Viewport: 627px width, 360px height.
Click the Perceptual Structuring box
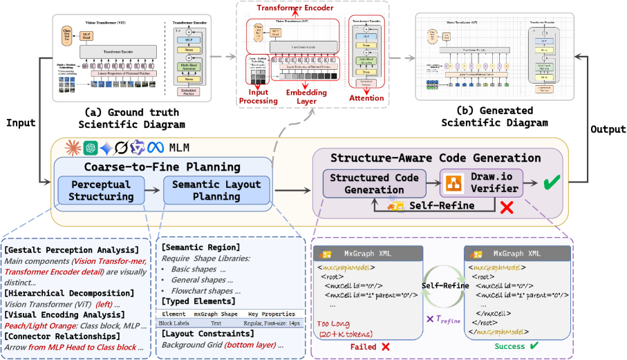pyautogui.click(x=102, y=191)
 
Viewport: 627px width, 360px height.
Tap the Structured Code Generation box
pyautogui.click(x=374, y=183)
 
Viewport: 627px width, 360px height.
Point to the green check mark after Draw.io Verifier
pyautogui.click(x=552, y=183)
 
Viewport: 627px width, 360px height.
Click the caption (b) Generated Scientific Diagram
pyautogui.click(x=496, y=117)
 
